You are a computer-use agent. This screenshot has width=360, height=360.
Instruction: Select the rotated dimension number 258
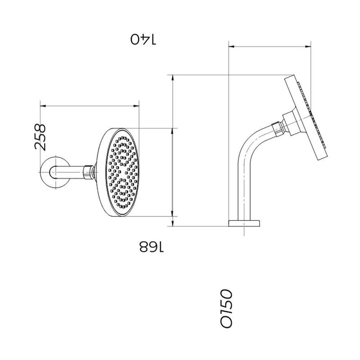[x=40, y=137]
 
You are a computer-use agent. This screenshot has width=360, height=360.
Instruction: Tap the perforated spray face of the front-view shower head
[x=121, y=171]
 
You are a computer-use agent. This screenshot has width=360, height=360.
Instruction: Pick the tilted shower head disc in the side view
[x=305, y=119]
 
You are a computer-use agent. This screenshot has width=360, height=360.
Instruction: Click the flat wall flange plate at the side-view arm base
[x=244, y=222]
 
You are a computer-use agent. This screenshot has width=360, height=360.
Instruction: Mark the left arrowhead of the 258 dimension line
[x=42, y=106]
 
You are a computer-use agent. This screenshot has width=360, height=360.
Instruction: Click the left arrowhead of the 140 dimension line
[x=230, y=45]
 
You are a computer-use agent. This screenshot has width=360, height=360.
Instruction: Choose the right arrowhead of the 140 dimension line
[x=310, y=45]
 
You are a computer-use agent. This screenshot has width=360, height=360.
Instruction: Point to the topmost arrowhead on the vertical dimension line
[x=173, y=76]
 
